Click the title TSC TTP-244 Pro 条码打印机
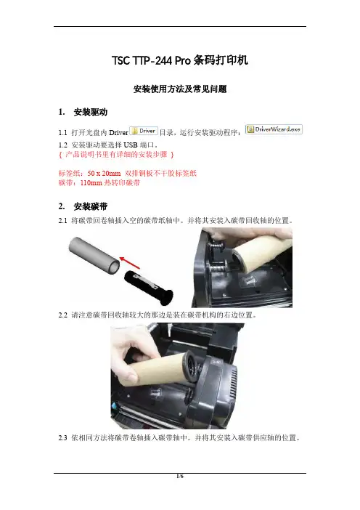[180, 60]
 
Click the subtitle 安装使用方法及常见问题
[180, 89]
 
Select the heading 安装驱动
[90, 112]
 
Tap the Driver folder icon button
[144, 131]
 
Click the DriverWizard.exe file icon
[274, 129]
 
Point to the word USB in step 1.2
[131, 145]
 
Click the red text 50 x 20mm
[104, 174]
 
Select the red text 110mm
[91, 183]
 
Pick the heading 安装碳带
[90, 206]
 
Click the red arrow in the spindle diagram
[130, 263]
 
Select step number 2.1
[62, 221]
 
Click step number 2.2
[62, 315]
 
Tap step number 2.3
[62, 438]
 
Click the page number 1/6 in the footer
[180, 477]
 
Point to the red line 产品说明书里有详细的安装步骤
[116, 155]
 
